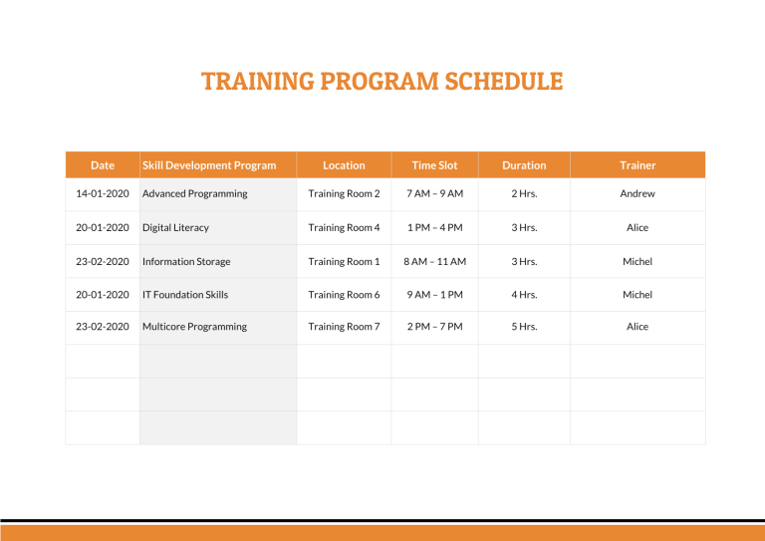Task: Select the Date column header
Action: (103, 165)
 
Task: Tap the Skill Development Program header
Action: (209, 165)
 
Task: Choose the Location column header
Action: (344, 165)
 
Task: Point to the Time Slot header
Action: (434, 165)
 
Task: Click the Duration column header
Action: (524, 165)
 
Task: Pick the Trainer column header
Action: (637, 165)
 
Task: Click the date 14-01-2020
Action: (103, 194)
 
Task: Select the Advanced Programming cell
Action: (195, 194)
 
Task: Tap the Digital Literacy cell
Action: (176, 228)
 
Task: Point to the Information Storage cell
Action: (186, 262)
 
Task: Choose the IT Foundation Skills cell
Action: (185, 295)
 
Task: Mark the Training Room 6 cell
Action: (344, 295)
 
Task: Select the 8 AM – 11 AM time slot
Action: (434, 262)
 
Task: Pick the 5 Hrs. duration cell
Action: (524, 327)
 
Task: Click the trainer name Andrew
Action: (637, 194)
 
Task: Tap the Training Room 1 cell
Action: (344, 262)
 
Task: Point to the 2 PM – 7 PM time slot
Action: (434, 327)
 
